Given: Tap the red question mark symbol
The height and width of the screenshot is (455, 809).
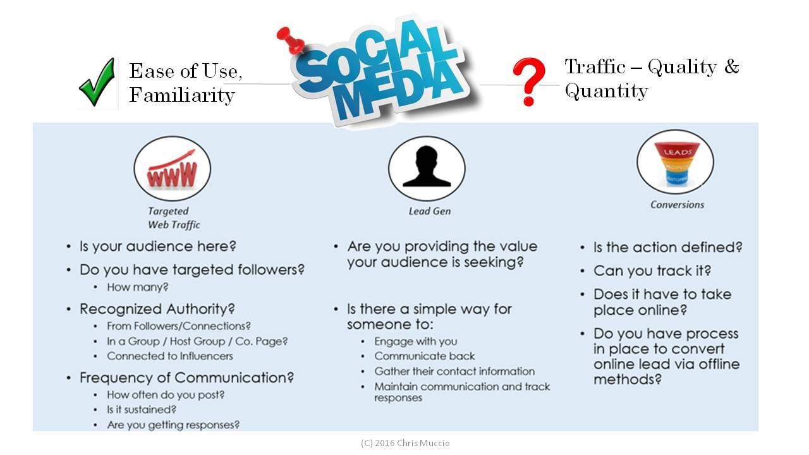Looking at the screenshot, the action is (x=530, y=82).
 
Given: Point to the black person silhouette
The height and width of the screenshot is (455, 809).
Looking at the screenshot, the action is (x=427, y=166).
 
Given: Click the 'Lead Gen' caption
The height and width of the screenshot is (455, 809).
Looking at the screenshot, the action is (x=430, y=211).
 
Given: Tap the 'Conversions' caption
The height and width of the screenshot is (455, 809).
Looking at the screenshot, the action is (x=677, y=205).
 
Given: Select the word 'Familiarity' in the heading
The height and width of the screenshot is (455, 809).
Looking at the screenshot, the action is (x=182, y=95).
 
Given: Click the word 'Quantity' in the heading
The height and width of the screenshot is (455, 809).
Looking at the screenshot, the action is (x=606, y=91).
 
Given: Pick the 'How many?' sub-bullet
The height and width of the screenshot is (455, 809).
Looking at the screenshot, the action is (x=138, y=288).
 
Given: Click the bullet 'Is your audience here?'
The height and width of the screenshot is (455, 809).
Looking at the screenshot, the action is (x=158, y=246).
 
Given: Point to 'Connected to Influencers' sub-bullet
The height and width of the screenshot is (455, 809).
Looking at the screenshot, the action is (x=170, y=356).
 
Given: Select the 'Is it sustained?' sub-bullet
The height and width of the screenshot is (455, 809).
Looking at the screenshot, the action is (x=142, y=409).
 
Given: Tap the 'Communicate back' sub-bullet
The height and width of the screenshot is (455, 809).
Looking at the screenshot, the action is (x=424, y=356).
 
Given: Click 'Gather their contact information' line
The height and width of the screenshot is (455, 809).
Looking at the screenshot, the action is (x=454, y=371).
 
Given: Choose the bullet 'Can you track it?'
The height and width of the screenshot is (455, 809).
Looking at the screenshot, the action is (x=652, y=271).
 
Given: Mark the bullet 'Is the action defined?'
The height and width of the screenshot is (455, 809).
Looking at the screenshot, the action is (x=668, y=248).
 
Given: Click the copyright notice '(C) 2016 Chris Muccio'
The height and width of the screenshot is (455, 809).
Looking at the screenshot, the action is (x=405, y=443).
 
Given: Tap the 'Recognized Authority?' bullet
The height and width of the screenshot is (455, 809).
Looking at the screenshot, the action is (x=157, y=309).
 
